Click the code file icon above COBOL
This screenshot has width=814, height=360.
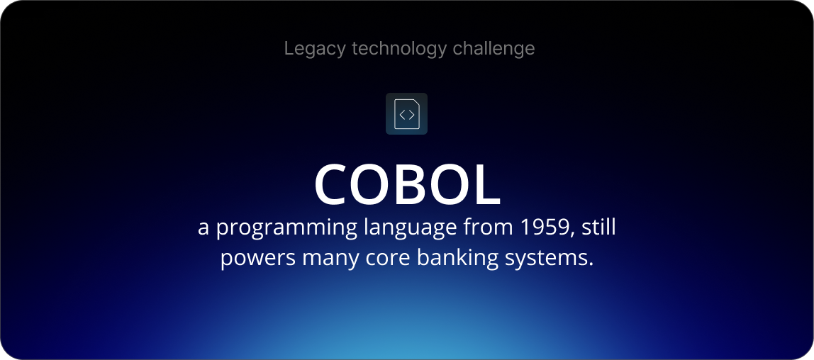[x=406, y=113]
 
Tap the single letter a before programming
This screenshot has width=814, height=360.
[x=204, y=229]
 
